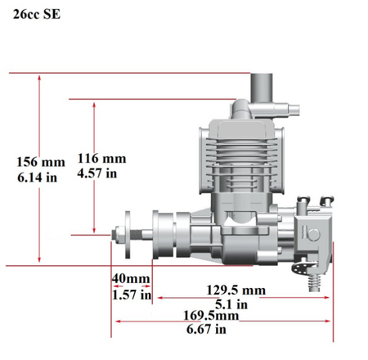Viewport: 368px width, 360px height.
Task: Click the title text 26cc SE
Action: click(37, 14)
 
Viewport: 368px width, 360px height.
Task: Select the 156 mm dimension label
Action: click(41, 162)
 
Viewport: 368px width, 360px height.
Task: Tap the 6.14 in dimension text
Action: click(37, 178)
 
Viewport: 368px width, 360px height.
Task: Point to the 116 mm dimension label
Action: click(101, 159)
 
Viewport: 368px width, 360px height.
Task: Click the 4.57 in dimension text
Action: click(97, 173)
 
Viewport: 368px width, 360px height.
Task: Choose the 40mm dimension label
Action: click(131, 278)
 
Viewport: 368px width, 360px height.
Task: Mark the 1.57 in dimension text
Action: click(132, 295)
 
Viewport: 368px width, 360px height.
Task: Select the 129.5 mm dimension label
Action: click(236, 290)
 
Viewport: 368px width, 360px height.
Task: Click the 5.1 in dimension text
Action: click(231, 304)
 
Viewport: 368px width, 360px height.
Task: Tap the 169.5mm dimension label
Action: click(211, 316)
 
